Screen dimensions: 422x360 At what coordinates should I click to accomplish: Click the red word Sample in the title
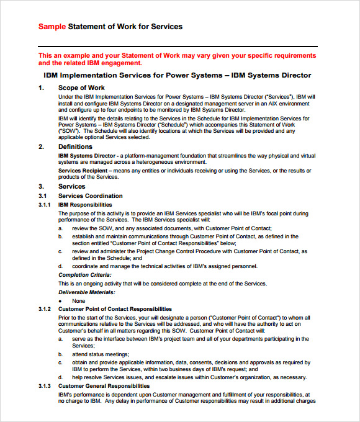(x=52, y=27)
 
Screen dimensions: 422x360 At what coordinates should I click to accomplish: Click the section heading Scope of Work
(x=81, y=88)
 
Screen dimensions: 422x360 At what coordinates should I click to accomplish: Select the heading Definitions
(x=76, y=146)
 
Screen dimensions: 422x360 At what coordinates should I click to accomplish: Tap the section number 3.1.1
(x=44, y=205)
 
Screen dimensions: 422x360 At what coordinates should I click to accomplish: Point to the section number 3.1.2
(x=44, y=309)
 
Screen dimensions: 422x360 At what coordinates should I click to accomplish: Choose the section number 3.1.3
(x=44, y=386)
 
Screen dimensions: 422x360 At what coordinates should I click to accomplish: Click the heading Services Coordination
(x=90, y=196)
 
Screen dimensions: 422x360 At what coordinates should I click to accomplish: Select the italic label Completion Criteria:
(x=85, y=274)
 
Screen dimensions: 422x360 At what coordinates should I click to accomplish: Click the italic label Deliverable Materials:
(x=86, y=292)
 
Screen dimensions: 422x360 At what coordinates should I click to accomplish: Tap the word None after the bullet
(x=78, y=300)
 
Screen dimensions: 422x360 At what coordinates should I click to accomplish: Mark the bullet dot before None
(x=60, y=300)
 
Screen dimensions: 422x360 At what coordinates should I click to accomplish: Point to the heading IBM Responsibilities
(x=85, y=205)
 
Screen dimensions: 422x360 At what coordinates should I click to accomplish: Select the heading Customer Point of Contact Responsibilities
(x=115, y=309)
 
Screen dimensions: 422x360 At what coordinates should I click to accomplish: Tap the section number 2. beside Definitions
(x=41, y=146)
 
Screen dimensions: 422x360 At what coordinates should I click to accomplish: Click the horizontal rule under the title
(x=178, y=47)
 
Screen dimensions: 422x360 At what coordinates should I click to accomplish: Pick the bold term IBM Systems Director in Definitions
(x=87, y=155)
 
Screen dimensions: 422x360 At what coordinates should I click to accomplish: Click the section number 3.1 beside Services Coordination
(x=42, y=196)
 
